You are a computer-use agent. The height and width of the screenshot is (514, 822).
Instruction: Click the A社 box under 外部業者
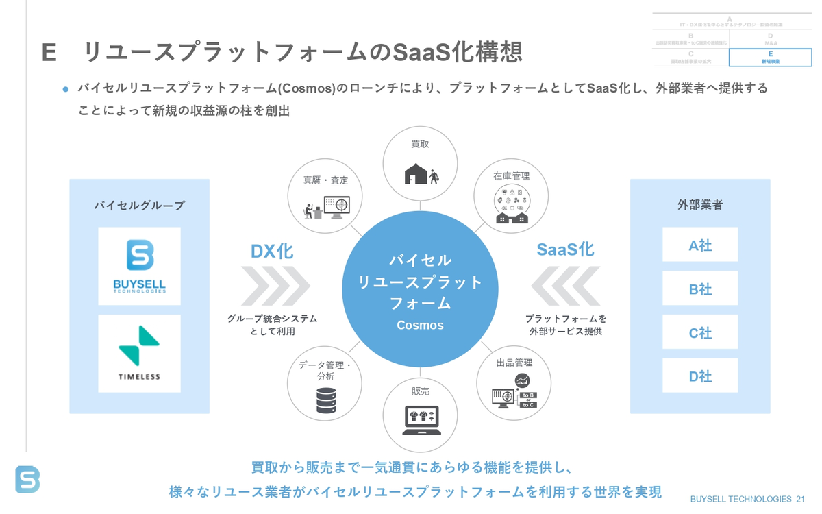click(x=700, y=245)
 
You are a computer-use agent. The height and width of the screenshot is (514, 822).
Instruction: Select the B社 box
click(x=700, y=289)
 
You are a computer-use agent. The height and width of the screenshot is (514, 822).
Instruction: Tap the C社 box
click(x=700, y=332)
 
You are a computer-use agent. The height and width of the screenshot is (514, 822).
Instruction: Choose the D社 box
click(x=700, y=376)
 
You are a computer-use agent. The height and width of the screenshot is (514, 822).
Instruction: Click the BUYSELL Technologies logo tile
click(x=139, y=266)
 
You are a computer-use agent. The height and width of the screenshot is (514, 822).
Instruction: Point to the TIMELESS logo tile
click(x=139, y=354)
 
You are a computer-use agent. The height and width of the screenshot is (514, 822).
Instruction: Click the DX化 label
click(x=272, y=252)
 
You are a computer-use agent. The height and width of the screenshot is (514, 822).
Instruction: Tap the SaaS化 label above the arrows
click(x=565, y=249)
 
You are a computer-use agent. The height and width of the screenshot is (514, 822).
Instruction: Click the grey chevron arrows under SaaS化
click(x=566, y=286)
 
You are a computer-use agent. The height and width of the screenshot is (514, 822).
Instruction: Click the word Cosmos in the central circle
click(x=420, y=326)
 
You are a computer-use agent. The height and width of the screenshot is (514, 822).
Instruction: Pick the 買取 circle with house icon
click(x=420, y=164)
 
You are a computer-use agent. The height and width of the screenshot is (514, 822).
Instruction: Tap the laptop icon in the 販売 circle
click(x=420, y=419)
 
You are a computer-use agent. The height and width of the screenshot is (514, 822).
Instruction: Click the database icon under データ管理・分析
click(x=326, y=400)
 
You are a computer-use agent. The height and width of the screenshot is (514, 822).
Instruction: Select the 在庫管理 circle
click(x=511, y=197)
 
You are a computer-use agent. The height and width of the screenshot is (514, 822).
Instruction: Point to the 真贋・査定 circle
click(x=326, y=197)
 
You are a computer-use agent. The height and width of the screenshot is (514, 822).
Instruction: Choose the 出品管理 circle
click(x=513, y=383)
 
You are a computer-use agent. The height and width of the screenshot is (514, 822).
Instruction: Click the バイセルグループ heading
click(x=139, y=205)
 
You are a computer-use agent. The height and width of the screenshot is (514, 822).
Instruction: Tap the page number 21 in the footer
click(x=801, y=500)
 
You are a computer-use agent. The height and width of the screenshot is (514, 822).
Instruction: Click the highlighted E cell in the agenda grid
click(x=770, y=58)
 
